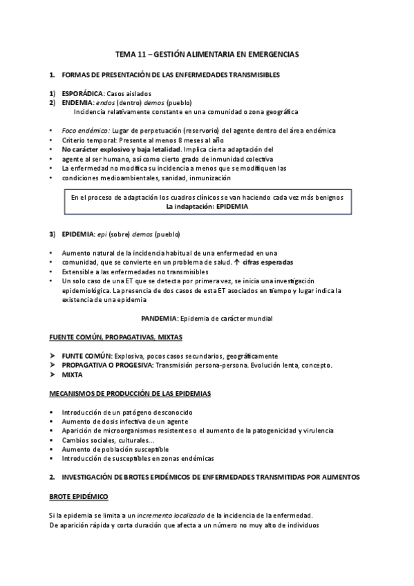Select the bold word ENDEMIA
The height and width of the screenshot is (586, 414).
tap(76, 102)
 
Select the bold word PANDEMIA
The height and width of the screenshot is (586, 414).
tap(159, 319)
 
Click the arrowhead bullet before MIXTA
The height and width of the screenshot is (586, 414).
tap(53, 375)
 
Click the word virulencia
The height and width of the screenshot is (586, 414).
tap(317, 431)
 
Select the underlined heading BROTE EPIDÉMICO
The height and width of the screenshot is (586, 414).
tap(79, 496)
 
